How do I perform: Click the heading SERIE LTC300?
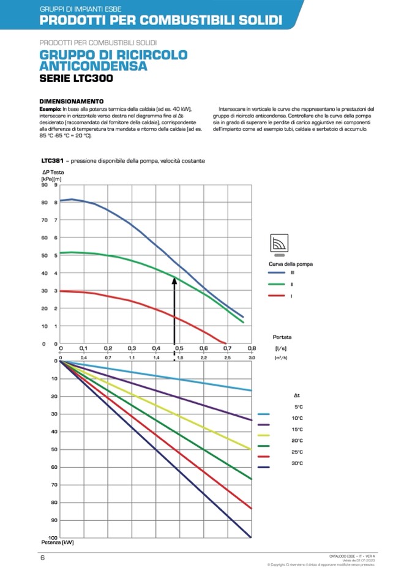(76, 78)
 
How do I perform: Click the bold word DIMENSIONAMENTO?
(71, 101)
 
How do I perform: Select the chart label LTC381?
(51, 160)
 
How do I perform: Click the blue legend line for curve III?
(278, 273)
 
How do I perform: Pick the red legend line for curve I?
(278, 296)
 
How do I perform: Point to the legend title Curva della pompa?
(291, 264)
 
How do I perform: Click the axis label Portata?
(282, 337)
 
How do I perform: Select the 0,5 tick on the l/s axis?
(179, 348)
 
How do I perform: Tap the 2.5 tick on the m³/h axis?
(228, 357)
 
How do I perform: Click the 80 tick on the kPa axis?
(45, 203)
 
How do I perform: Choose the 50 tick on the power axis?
(54, 449)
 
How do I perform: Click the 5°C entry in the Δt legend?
(299, 406)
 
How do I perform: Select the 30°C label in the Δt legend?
(297, 463)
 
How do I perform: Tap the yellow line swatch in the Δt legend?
(264, 435)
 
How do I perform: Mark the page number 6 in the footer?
(43, 557)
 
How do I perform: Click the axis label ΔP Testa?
(53, 173)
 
